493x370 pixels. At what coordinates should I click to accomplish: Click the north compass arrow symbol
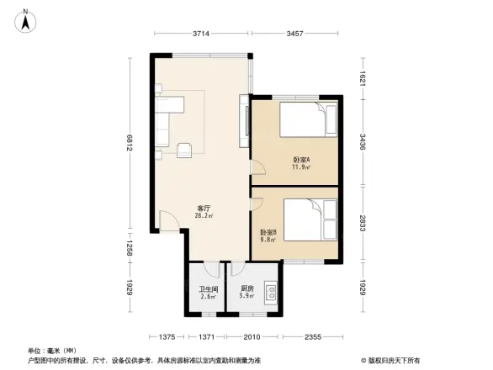pos(27,18)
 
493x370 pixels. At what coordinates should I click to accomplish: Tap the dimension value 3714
pos(199,34)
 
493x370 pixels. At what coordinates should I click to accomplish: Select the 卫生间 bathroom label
pos(207,293)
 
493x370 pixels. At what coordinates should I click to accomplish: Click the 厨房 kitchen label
pos(246,293)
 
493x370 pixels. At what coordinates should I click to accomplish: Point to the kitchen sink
pos(271,293)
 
